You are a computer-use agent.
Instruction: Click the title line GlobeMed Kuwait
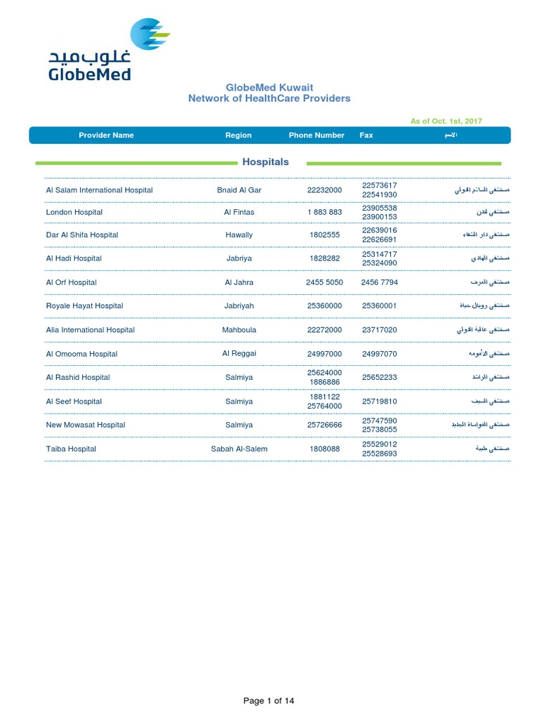coord(269,87)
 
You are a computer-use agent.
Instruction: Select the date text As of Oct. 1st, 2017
coord(446,121)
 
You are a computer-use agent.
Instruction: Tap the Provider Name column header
coord(106,136)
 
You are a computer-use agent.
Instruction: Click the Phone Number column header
coord(316,136)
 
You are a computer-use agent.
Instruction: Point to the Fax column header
coord(366,136)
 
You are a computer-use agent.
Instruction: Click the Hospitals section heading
coord(265,162)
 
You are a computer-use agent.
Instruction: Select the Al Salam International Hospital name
coord(99,190)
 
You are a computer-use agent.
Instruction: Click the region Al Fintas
coord(239,212)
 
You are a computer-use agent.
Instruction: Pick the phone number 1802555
coord(324,235)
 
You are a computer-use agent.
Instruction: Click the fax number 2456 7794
coord(379,282)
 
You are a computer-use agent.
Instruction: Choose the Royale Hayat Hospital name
coord(84,306)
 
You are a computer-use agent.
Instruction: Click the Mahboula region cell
coord(239,330)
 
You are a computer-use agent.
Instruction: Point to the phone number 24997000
coord(324,354)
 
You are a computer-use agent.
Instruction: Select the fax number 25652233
coord(379,378)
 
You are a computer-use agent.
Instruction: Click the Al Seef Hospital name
coord(74,402)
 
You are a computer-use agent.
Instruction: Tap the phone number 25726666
coord(324,425)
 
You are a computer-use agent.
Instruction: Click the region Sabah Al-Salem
coord(239,449)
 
